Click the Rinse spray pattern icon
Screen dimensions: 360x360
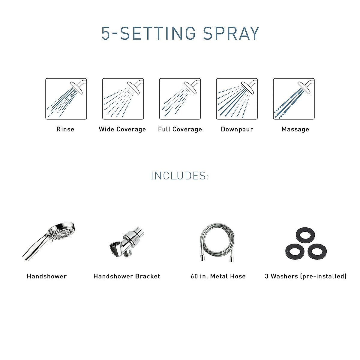coord(66,99)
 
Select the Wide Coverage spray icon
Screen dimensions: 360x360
coord(123,99)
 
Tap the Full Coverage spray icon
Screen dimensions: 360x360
coord(180,99)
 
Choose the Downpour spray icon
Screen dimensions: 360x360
coord(237,99)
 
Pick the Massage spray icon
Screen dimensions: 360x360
coord(294,99)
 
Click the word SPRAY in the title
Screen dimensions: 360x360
coord(231,33)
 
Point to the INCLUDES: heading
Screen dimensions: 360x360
coord(180,176)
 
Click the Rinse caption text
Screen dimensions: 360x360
coord(65,129)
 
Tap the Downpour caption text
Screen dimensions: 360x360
coord(237,129)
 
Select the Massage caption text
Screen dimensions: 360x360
coord(295,129)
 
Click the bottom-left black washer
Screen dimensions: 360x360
coord(295,251)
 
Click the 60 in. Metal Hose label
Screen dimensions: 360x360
coord(218,276)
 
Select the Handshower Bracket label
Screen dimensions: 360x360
coord(127,276)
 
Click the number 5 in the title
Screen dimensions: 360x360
coord(106,33)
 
